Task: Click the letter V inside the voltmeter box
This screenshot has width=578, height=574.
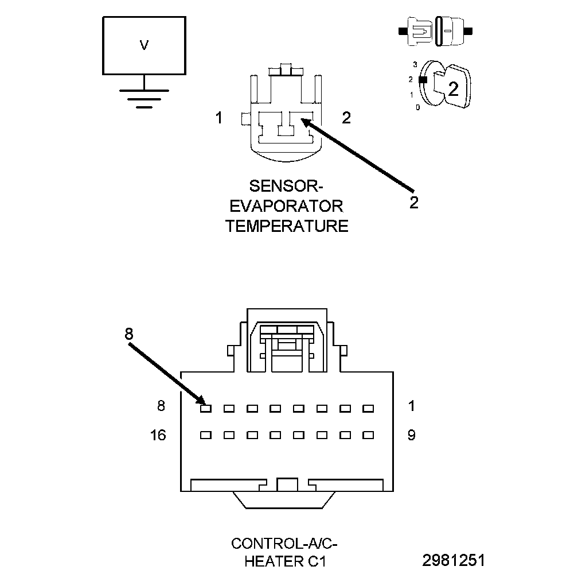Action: coord(144,45)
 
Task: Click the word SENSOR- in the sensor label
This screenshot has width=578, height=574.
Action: coord(286,186)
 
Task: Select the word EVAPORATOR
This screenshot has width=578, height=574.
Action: coord(287,206)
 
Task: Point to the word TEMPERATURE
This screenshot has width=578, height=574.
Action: coord(287,226)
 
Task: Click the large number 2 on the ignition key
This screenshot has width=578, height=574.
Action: coord(453,89)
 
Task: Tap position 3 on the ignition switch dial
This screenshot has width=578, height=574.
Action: coord(415,65)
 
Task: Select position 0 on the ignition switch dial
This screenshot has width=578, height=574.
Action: coord(417,108)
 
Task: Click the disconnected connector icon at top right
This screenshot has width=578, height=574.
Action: coord(435,32)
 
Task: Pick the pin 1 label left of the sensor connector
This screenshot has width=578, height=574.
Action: coord(219,118)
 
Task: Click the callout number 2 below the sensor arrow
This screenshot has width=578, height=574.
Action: coord(414,203)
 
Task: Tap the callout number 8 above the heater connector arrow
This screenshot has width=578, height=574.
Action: coord(128,334)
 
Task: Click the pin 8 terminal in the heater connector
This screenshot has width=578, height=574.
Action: coord(206,409)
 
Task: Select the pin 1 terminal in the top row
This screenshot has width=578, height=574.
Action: coord(368,409)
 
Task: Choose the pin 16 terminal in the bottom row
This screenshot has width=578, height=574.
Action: coord(206,435)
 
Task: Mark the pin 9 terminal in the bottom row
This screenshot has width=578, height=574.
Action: coord(368,435)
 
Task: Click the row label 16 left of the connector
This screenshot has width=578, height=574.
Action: coord(158,436)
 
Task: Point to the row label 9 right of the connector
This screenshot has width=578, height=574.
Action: coord(412,436)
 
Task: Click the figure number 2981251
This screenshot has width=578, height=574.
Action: coord(454,560)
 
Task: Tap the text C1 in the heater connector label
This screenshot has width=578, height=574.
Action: coord(317,561)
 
